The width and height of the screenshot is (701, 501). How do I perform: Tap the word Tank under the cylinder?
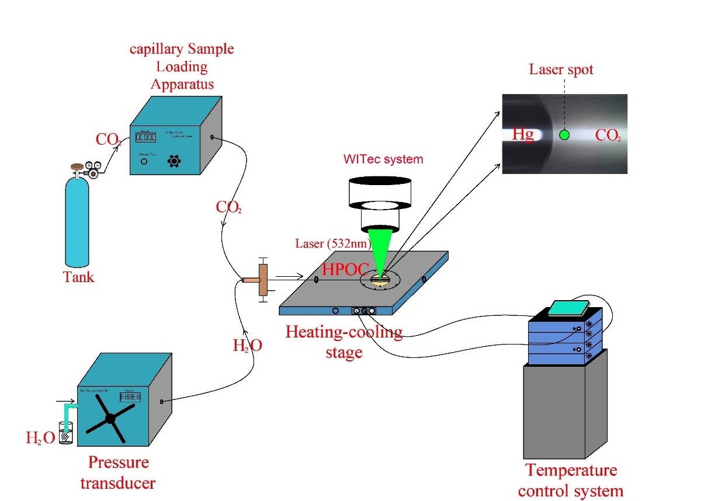(79, 276)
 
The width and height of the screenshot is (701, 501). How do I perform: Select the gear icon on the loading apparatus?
(173, 161)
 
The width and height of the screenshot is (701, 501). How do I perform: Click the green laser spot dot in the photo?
(564, 135)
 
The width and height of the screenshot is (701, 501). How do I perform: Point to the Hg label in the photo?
(523, 135)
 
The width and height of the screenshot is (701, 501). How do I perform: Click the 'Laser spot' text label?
(561, 69)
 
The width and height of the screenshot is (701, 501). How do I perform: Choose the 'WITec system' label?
(383, 159)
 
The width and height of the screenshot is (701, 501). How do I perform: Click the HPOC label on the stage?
(346, 269)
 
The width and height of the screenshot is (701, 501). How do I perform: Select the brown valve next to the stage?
(262, 280)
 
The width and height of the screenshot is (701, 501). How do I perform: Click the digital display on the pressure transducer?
(130, 397)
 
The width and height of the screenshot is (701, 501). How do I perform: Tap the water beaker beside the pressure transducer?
(66, 433)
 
